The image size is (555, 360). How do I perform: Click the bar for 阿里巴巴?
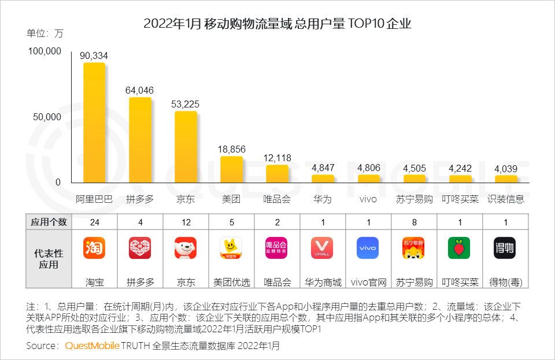click(x=94, y=123)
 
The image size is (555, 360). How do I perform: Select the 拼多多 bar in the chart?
click(x=140, y=140)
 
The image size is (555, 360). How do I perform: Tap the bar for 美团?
click(x=231, y=169)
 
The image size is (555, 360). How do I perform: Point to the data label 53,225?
click(x=186, y=104)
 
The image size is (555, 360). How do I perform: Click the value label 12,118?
click(x=277, y=158)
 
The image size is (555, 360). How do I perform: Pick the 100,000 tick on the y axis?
click(x=45, y=51)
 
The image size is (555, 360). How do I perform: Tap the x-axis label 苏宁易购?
click(x=415, y=199)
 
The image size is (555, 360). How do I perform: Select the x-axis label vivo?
click(x=368, y=199)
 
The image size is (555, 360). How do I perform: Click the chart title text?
click(x=277, y=24)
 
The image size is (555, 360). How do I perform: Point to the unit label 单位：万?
click(x=45, y=33)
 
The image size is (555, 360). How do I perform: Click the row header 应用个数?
click(x=49, y=222)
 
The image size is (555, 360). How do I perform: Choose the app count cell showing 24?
click(x=94, y=222)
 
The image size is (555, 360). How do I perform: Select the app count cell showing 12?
click(x=186, y=222)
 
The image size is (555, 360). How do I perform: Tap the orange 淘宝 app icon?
click(x=94, y=248)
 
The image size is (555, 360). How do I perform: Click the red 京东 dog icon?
click(x=186, y=248)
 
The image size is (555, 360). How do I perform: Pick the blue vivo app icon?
click(x=368, y=248)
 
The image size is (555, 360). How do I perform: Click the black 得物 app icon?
click(x=505, y=248)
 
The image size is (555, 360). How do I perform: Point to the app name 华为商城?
click(x=323, y=283)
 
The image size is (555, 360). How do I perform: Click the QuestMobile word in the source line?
click(x=92, y=346)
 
